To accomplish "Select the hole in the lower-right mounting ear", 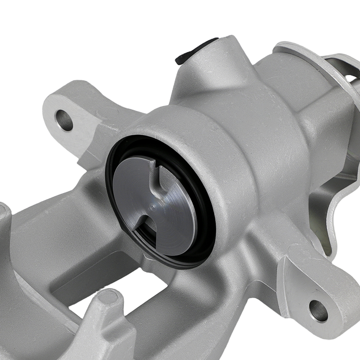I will point(318,311).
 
